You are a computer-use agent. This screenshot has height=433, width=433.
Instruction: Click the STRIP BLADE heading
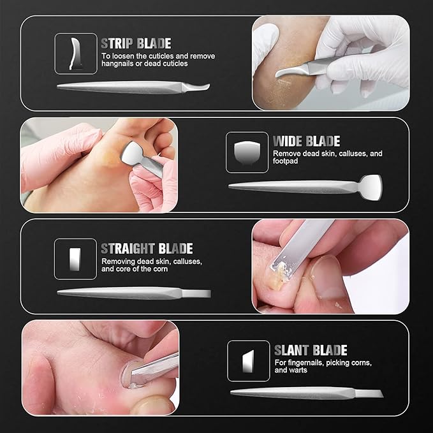pos(136,43)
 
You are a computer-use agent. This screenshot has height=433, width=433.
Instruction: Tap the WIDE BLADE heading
pos(306,141)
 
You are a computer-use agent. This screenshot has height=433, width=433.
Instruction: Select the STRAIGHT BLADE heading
pos(147,249)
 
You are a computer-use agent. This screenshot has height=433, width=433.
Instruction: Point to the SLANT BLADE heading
pos(311,350)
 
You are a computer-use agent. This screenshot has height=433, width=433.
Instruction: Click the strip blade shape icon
pos(75,54)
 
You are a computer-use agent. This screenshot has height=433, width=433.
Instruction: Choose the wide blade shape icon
pos(247,152)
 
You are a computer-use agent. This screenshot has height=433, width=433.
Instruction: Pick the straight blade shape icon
pos(75,260)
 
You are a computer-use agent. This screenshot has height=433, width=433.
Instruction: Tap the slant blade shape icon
pos(248,361)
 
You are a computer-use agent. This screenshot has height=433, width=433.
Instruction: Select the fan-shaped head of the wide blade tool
pos(371,187)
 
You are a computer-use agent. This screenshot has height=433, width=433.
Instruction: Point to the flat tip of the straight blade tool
pos(196,293)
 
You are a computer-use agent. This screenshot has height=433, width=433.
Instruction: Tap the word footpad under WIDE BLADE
pos(285,161)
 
